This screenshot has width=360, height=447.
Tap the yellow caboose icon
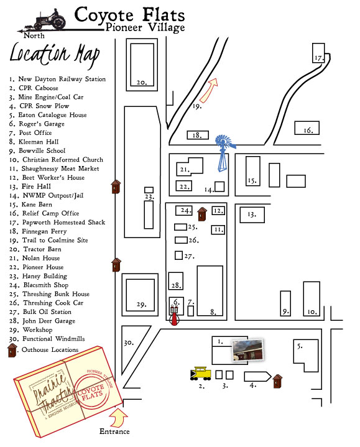200,373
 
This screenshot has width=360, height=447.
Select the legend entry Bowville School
37,150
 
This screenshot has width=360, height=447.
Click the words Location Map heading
54,55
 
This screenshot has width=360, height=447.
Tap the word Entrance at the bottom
114,431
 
